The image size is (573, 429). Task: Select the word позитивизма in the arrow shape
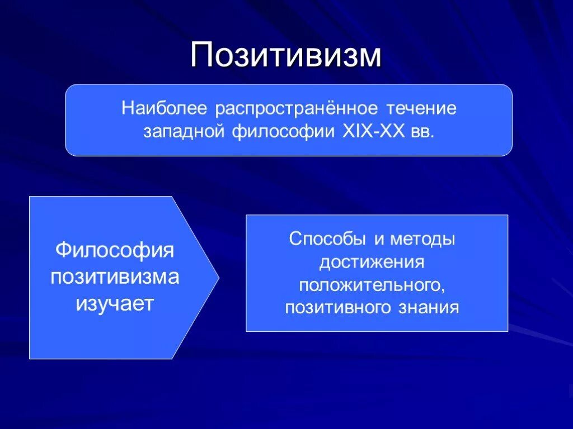pos(115,277)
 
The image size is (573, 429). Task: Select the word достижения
pos(372,261)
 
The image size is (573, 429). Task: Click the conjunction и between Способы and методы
pos(379,239)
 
